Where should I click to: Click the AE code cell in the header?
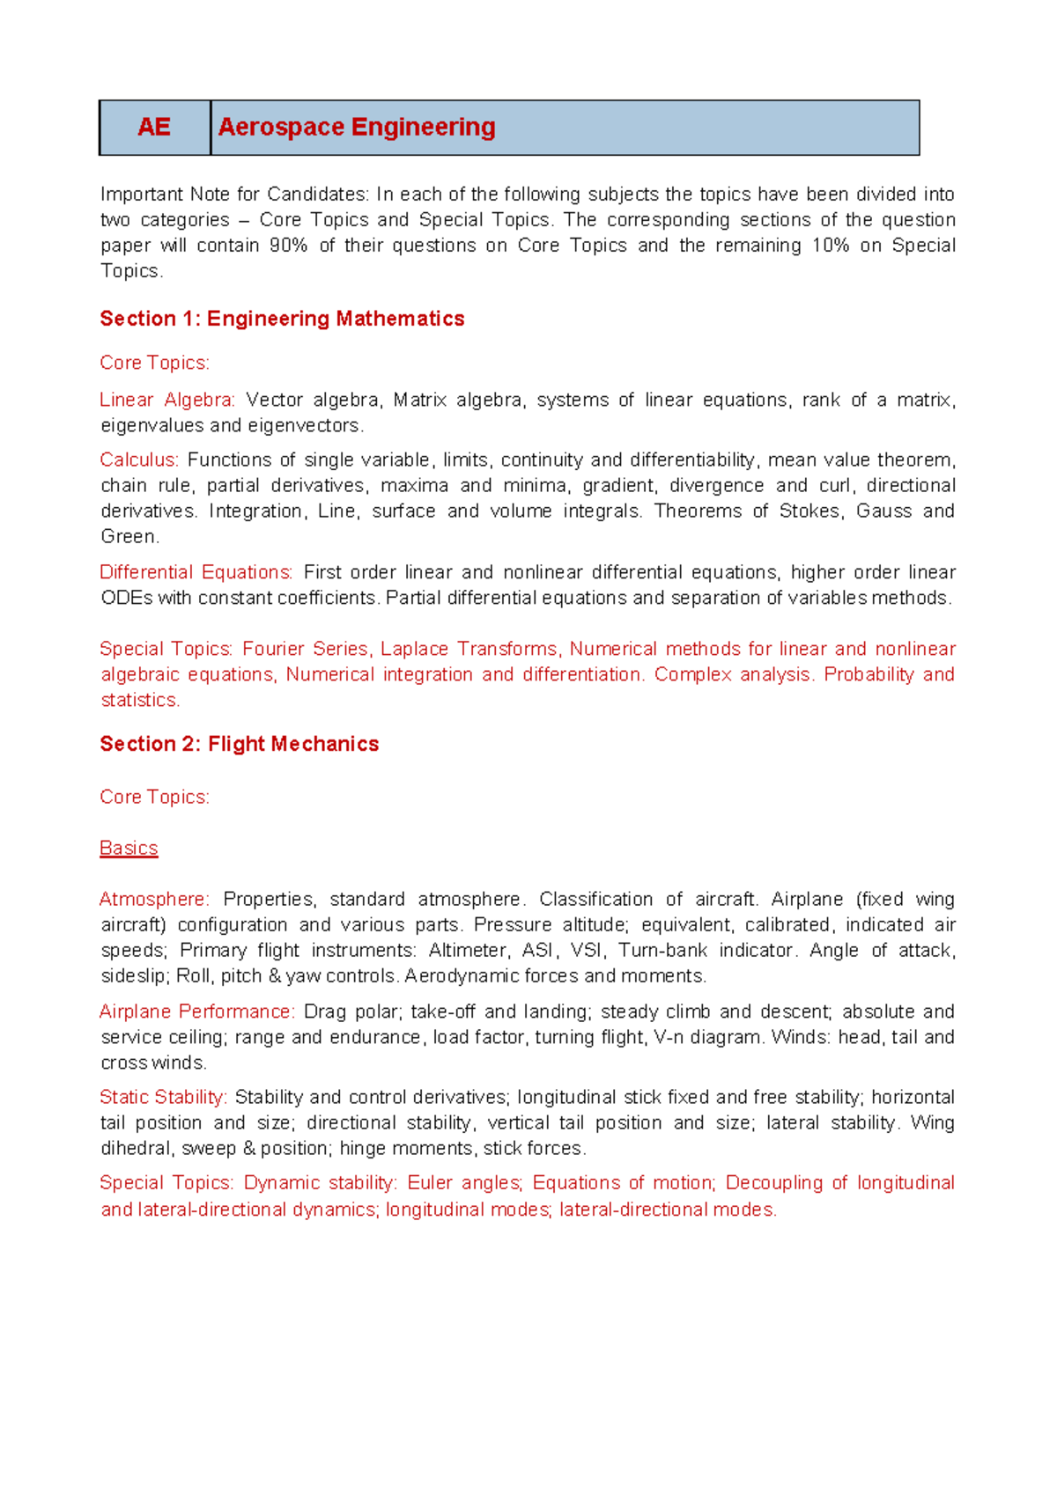tap(154, 128)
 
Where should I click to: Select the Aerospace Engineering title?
tap(357, 128)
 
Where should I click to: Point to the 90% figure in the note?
tap(288, 246)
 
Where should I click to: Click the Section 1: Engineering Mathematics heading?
tap(282, 319)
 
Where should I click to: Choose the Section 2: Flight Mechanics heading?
tap(240, 744)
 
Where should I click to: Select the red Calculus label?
tap(139, 460)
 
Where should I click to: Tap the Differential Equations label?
tap(196, 572)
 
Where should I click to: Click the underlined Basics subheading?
tap(129, 848)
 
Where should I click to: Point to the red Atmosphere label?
tap(154, 899)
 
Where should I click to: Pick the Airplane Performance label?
tap(196, 1011)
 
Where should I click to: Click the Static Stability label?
tap(163, 1097)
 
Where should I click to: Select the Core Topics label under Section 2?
tap(154, 797)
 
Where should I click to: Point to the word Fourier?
tap(273, 649)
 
